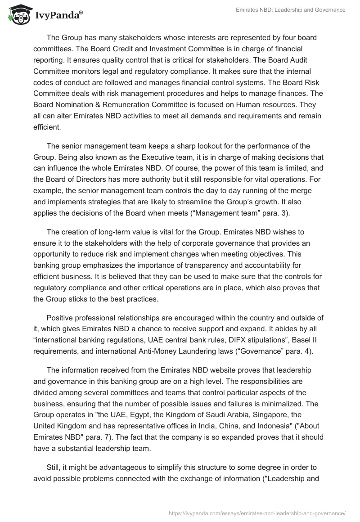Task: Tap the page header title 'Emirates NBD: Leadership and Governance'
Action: [x=291, y=10]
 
